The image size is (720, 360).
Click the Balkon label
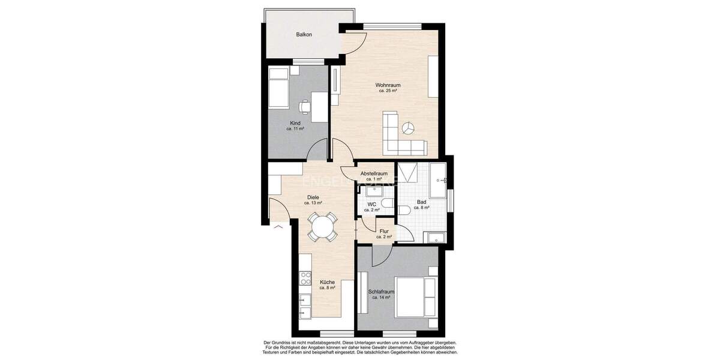pos(304,35)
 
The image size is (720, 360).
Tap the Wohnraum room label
pos(388,85)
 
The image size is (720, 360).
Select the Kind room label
pos(295,123)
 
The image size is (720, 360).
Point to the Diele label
pos(313,197)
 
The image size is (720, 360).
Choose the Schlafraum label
pos(382,292)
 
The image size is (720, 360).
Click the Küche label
pos(327,282)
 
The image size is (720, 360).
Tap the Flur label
pos(384,231)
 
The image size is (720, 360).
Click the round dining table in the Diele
pos(322,227)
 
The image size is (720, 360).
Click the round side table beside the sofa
pos(409,128)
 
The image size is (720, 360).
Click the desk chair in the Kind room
pos(305,107)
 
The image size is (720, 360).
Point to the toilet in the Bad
pos(403,209)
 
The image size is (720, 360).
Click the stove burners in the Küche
pos(305,279)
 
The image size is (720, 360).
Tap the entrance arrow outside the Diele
pos(277,227)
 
